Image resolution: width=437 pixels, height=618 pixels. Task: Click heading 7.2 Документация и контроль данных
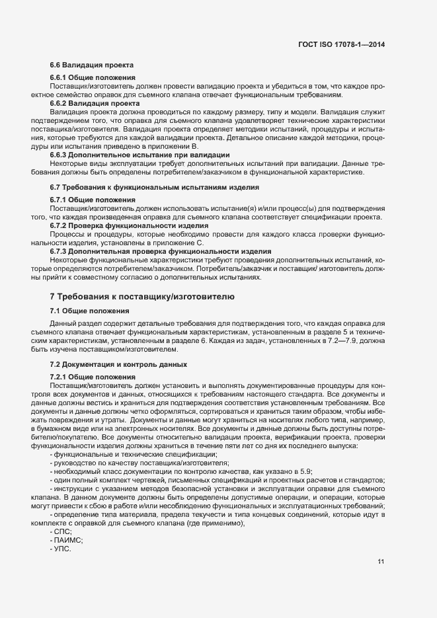coord(119,364)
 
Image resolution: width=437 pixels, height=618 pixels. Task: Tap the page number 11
coord(381,562)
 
